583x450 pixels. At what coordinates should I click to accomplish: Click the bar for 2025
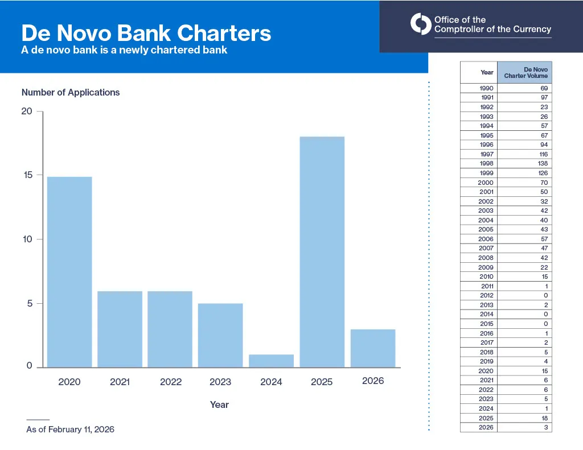coord(322,251)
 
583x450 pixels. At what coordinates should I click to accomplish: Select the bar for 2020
coord(69,272)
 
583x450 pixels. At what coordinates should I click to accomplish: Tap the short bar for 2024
coord(272,361)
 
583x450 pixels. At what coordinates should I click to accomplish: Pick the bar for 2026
coord(373,348)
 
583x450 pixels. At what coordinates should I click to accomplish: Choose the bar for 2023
coord(220,335)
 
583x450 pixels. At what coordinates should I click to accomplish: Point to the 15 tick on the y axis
coord(28,175)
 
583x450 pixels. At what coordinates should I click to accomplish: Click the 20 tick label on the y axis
coord(27,112)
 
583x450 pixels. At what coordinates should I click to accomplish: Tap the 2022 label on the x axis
coord(170,382)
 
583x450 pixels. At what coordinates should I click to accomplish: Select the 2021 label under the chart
coord(120,382)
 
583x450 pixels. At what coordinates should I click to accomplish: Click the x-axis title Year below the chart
coord(219,404)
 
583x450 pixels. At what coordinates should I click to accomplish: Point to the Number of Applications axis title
coord(71,92)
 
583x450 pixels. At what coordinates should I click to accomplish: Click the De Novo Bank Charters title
coord(146,33)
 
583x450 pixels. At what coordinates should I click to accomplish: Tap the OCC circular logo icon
coord(421,24)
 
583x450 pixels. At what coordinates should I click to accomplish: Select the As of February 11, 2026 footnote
coord(70,430)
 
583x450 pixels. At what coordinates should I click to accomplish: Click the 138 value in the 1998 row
coord(542,164)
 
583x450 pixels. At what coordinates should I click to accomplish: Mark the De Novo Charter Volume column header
coord(525,72)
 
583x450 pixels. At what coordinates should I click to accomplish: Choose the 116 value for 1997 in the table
coord(542,154)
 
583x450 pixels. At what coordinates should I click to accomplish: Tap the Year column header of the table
coord(487,72)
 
